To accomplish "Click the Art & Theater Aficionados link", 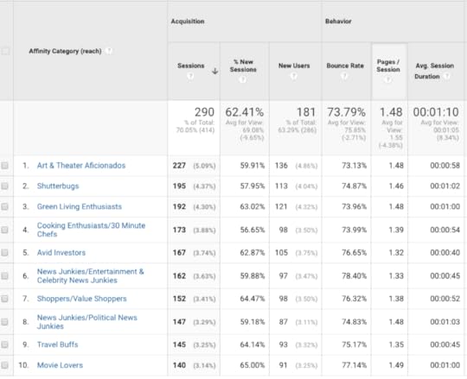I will coord(80,165).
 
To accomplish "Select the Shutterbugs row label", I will coord(58,186).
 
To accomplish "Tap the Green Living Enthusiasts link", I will coord(79,207).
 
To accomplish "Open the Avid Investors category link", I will coord(61,253).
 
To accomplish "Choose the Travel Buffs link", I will coord(57,344).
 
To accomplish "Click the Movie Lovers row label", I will coord(60,365).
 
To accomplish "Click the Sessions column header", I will coord(190,65).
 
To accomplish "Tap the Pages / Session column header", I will coord(388,65).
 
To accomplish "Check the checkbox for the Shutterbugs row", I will coord(6,186).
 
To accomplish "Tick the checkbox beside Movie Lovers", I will coord(6,365).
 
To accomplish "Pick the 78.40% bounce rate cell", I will coord(349,275).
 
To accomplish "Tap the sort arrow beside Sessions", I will coord(214,71).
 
